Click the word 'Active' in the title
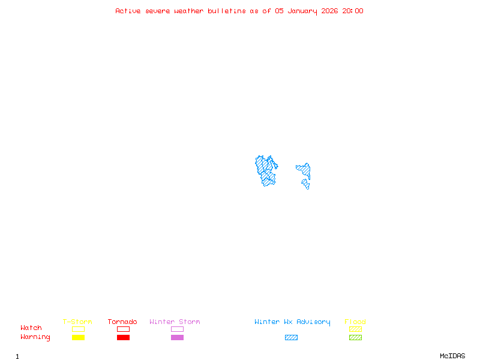point(128,11)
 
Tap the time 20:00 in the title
point(353,11)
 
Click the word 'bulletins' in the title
point(227,11)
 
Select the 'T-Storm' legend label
point(77,322)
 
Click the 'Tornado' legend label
point(122,322)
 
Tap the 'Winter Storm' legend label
point(175,322)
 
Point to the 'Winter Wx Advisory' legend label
point(292,322)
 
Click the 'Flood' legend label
point(355,322)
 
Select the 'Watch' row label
point(31,328)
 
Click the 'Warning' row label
point(35,337)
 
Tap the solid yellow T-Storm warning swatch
point(78,338)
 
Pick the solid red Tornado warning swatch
point(123,338)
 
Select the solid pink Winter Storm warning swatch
point(177,338)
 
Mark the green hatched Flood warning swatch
point(355,338)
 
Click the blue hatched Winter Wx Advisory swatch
point(291,338)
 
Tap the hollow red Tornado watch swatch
point(123,329)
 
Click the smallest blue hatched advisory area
point(306,183)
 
